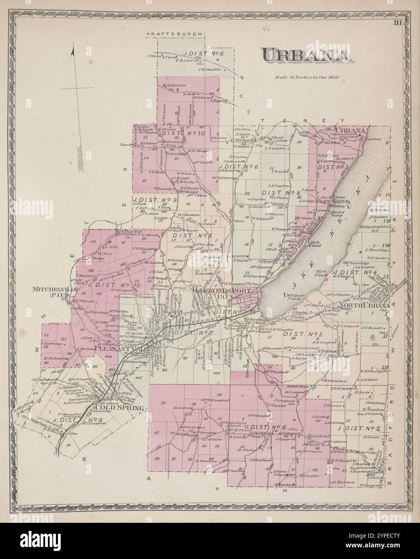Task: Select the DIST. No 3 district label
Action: pos(333,166)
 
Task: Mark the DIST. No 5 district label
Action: pos(301,333)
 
